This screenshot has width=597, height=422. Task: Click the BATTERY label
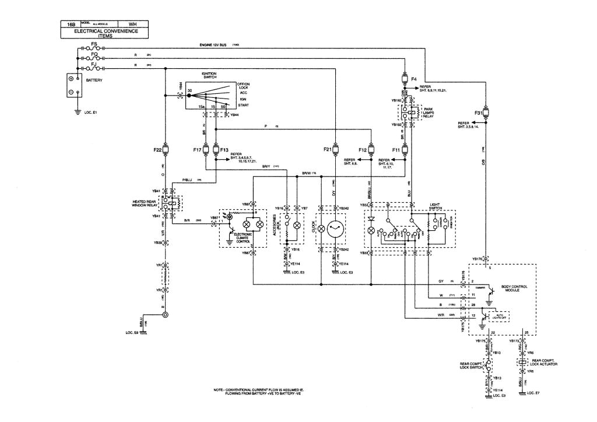(94, 80)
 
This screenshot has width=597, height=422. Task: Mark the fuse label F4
(414, 79)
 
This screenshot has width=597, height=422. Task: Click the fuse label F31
(477, 112)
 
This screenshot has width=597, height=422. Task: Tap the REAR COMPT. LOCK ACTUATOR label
(545, 362)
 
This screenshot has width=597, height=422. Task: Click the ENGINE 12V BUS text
(211, 45)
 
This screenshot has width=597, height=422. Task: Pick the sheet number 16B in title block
(72, 24)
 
